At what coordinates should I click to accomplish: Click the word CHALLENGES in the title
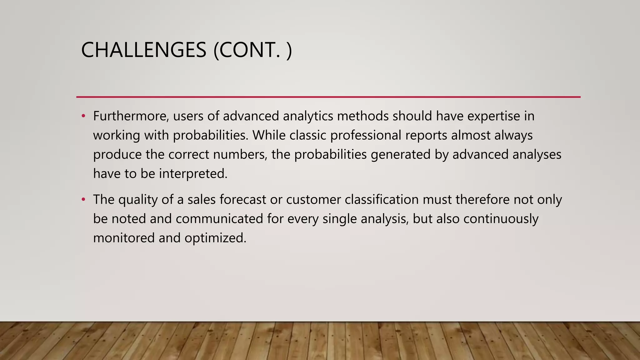[x=143, y=50]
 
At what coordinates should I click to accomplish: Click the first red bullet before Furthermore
[x=83, y=116]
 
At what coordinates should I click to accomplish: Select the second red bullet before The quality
[x=83, y=199]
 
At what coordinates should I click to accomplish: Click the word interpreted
[x=193, y=174]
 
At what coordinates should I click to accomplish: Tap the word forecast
[x=242, y=199]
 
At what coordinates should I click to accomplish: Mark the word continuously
[x=501, y=218]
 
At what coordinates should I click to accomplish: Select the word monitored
[x=124, y=238]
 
